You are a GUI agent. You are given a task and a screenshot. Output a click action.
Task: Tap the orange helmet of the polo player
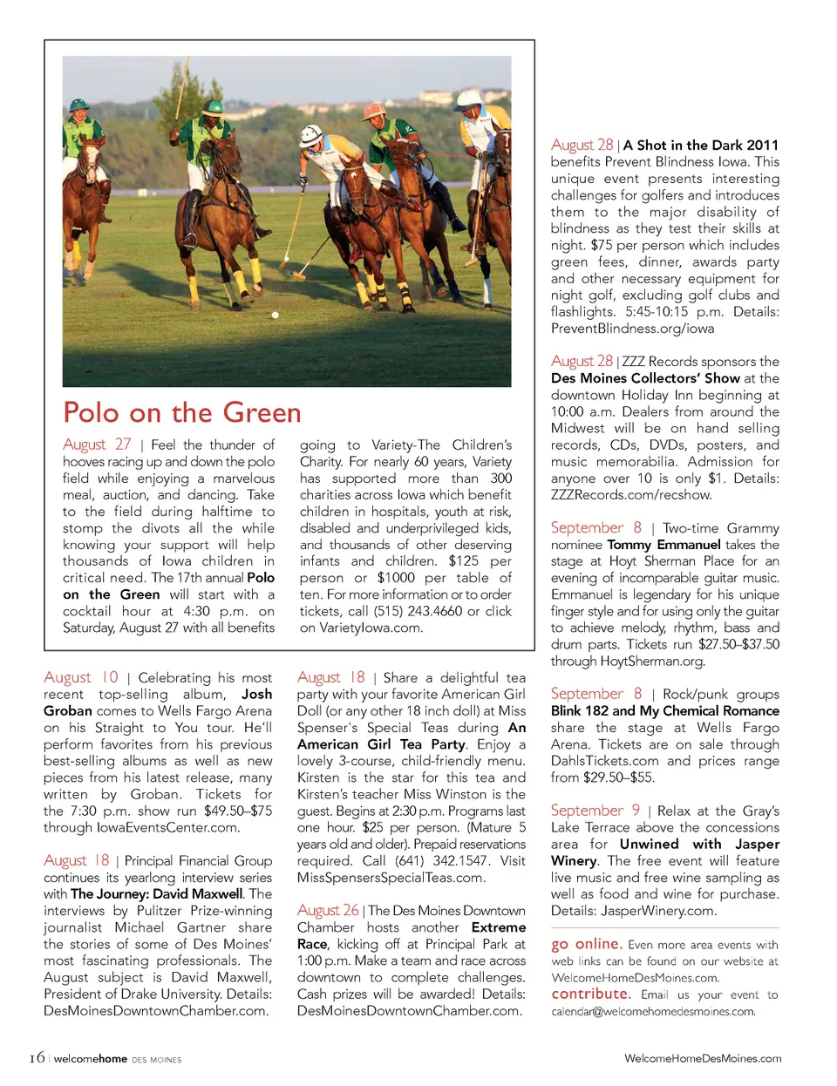(x=373, y=112)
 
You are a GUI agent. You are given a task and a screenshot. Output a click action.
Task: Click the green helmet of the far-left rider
(x=79, y=105)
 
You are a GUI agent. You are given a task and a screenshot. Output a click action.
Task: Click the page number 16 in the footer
(x=36, y=1058)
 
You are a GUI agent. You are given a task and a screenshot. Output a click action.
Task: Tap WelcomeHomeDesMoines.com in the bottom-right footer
(x=703, y=1058)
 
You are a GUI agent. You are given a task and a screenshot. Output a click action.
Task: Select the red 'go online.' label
(x=586, y=944)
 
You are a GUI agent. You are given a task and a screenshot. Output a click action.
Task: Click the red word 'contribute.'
(x=590, y=994)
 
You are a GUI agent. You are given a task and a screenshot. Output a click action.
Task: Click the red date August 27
(x=97, y=445)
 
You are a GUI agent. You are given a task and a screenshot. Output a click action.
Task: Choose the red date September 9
(x=595, y=811)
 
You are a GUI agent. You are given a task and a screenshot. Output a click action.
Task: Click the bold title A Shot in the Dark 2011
(x=700, y=146)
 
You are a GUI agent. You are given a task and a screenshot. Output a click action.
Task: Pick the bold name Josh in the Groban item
(x=256, y=695)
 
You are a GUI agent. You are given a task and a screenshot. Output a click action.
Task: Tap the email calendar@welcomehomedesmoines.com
(x=653, y=1012)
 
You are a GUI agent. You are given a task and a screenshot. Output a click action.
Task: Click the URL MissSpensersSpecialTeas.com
(x=391, y=878)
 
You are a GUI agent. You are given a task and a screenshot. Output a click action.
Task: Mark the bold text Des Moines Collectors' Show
(x=645, y=378)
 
